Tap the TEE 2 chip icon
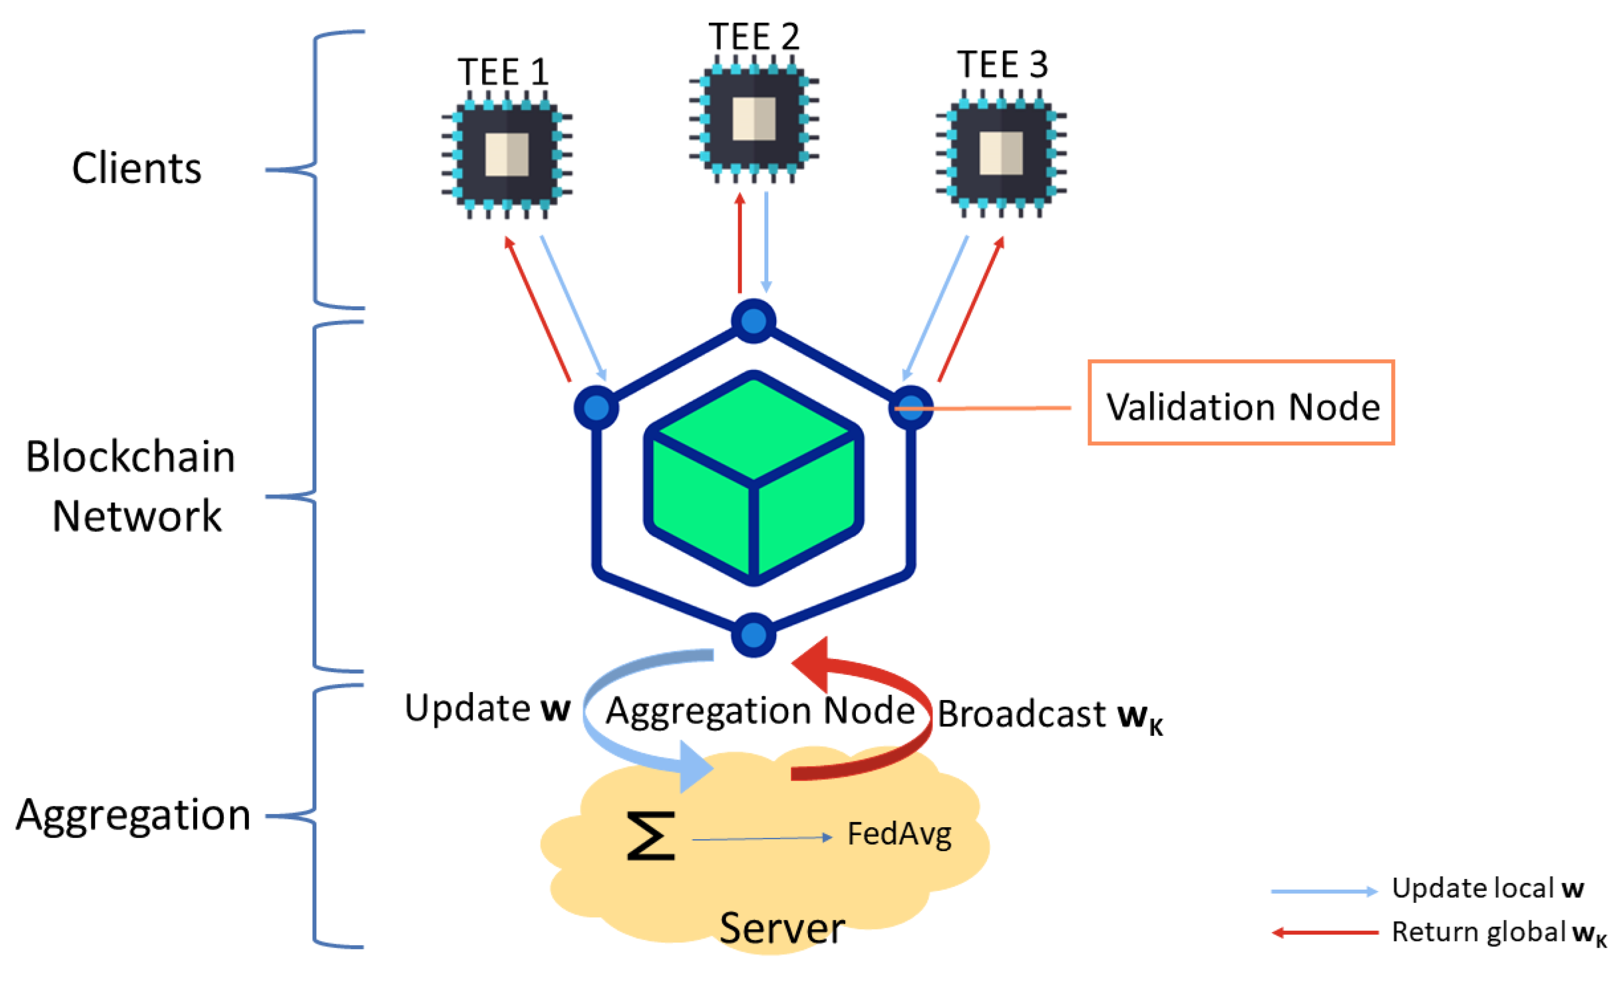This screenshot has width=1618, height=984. click(x=754, y=119)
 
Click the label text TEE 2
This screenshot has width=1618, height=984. click(x=754, y=37)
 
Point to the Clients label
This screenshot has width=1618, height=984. click(x=136, y=169)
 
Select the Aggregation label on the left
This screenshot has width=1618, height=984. click(x=133, y=815)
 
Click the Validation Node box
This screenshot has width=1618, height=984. click(x=1241, y=403)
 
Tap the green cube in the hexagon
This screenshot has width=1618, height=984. click(x=754, y=478)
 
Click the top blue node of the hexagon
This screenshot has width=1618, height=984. click(x=754, y=321)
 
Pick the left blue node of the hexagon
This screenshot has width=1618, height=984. click(x=596, y=408)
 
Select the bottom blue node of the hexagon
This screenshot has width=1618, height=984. click(x=754, y=635)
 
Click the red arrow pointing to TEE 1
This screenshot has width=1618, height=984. click(x=537, y=308)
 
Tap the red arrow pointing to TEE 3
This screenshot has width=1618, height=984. click(x=971, y=308)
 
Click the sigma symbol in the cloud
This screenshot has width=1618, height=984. click(x=650, y=836)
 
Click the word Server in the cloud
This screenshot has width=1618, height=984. click(x=781, y=929)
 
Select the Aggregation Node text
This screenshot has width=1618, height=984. click(x=760, y=711)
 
